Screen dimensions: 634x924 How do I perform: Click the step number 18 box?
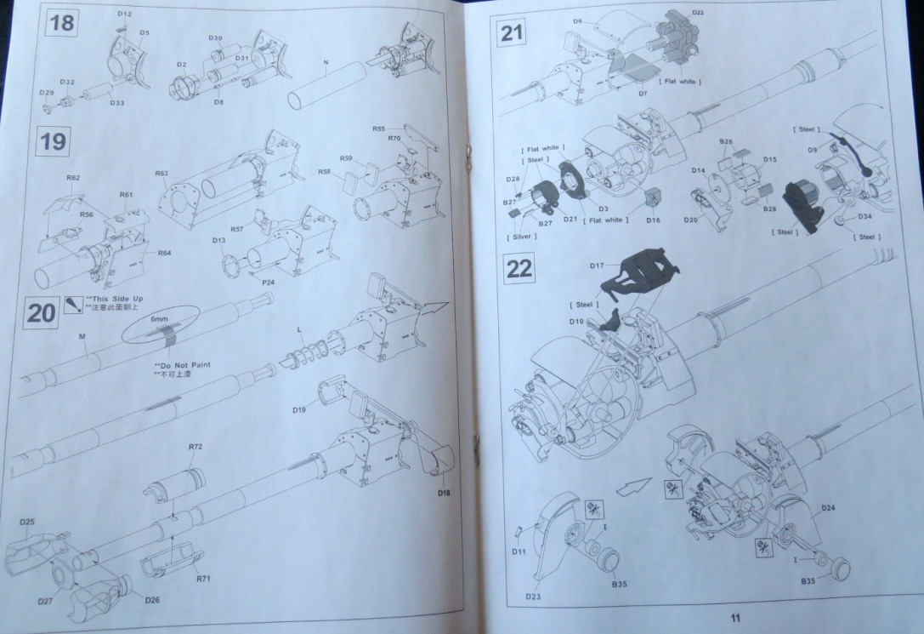[x=62, y=23]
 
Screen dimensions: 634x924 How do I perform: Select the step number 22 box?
[x=519, y=269]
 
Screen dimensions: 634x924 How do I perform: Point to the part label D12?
[x=124, y=14]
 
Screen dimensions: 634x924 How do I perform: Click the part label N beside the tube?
[x=326, y=63]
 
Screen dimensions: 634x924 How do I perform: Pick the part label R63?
[x=162, y=174]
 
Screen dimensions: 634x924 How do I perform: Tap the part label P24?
[x=269, y=282]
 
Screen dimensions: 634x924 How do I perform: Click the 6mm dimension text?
[x=159, y=318]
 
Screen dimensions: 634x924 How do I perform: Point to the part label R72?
[x=196, y=447]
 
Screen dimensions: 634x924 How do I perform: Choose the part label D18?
[x=445, y=494]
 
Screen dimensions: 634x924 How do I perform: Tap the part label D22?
[x=698, y=12]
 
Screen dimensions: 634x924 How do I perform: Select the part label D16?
[x=653, y=220]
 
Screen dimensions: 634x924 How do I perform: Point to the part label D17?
[x=598, y=266]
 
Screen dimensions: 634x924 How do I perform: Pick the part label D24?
[x=829, y=508]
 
